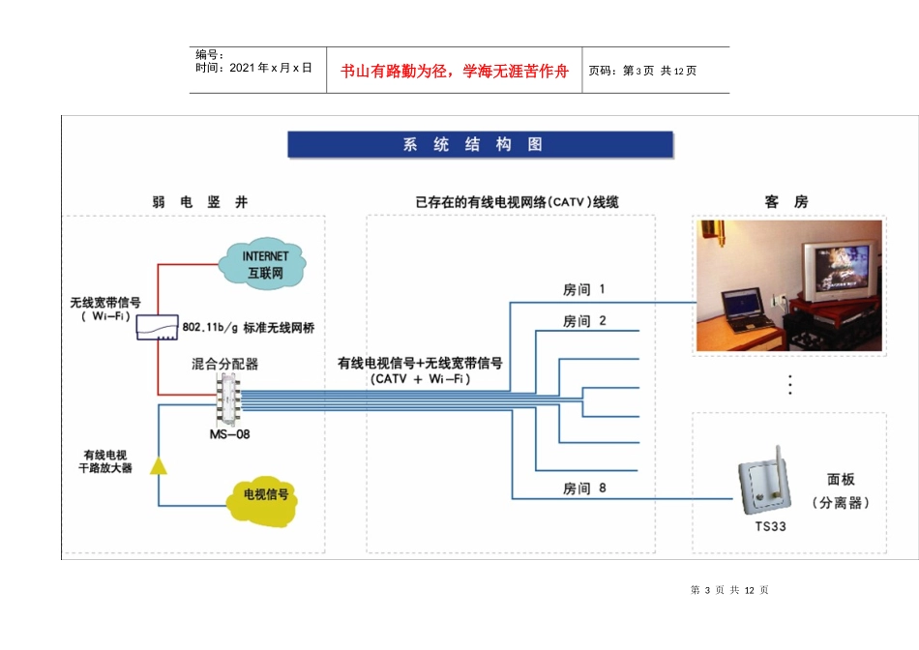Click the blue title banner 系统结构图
coord(480,145)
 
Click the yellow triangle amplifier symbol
coord(159,466)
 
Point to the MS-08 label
coord(229,434)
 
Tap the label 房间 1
coord(583,289)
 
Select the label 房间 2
coord(583,321)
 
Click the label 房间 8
coord(584,488)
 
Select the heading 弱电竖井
coord(200,202)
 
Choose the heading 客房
coord(786,202)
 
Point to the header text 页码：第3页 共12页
coord(642,71)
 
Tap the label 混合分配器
coord(225,365)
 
